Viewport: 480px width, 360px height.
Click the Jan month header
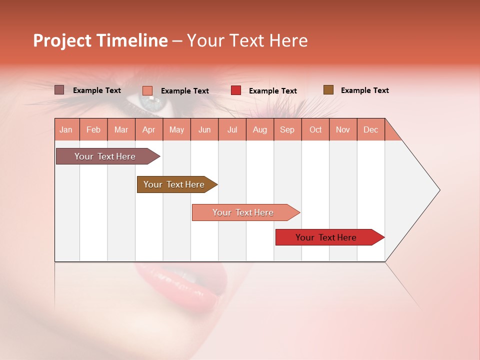(x=66, y=130)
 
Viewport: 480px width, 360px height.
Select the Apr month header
(x=148, y=130)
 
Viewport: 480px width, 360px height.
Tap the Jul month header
(x=232, y=130)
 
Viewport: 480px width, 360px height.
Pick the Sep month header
(x=287, y=130)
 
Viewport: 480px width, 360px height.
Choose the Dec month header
(x=370, y=130)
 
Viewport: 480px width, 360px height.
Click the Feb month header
(x=93, y=130)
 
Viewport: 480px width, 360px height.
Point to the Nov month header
(x=342, y=130)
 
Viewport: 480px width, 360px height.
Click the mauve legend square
(x=59, y=90)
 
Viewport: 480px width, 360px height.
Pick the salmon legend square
(x=147, y=90)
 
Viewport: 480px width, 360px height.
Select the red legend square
(x=236, y=90)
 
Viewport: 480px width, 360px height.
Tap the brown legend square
(x=328, y=90)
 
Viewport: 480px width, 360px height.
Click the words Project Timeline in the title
(x=100, y=40)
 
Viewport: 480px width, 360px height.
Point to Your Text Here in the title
(x=247, y=40)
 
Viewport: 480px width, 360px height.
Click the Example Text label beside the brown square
(x=364, y=90)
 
